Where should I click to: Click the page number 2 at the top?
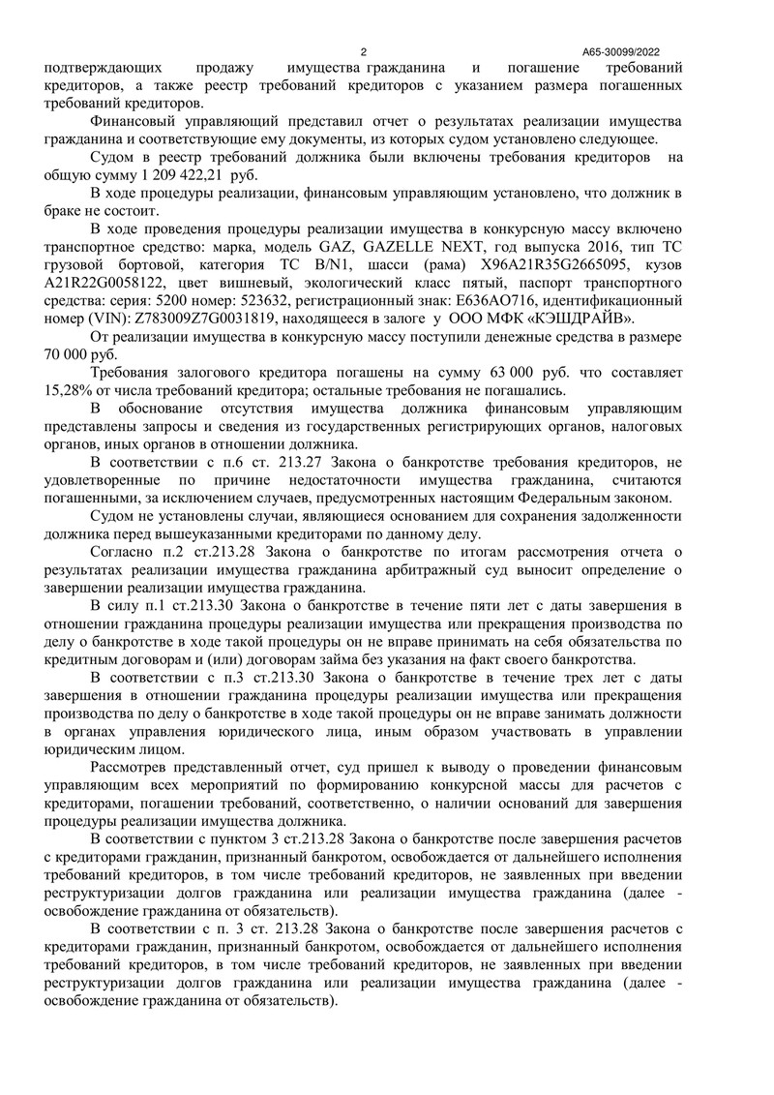tap(363, 52)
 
